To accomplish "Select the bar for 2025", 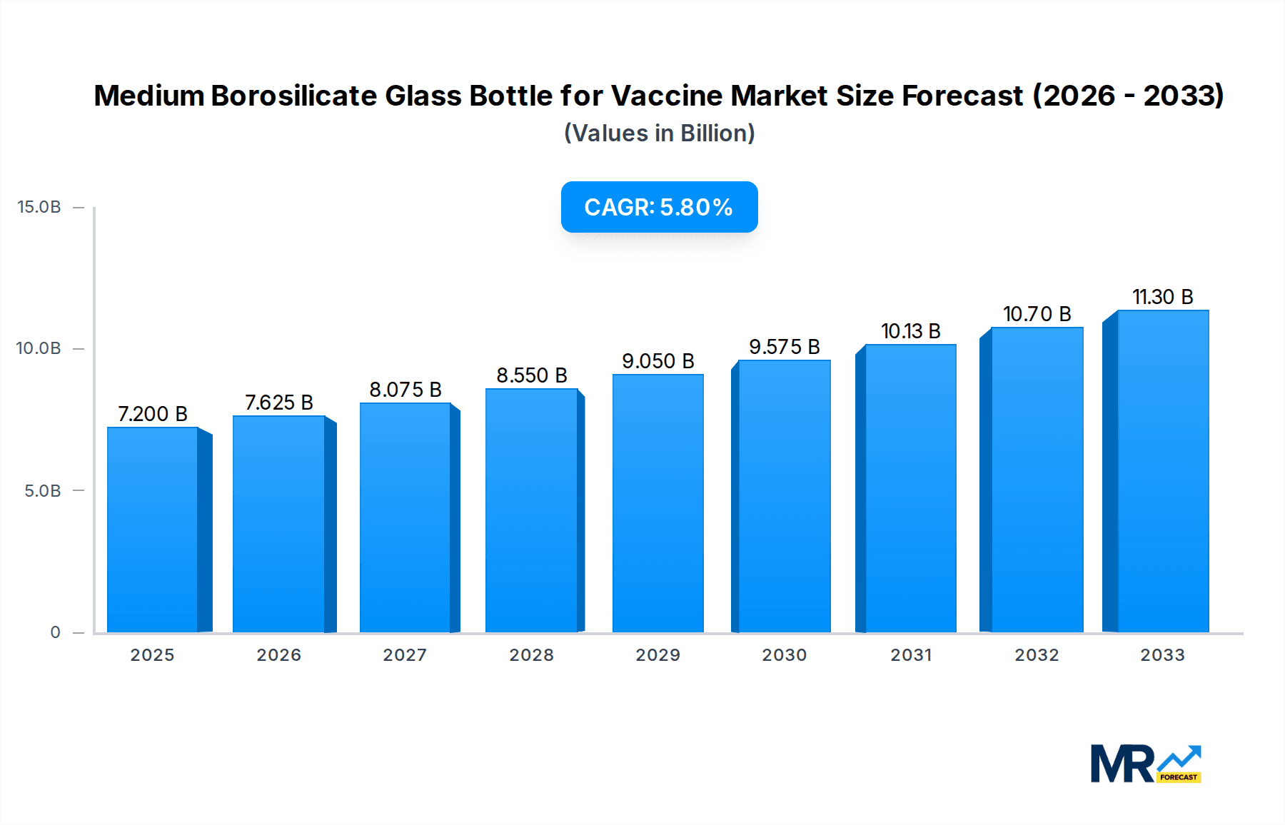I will point(152,530).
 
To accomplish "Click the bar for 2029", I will point(657,503).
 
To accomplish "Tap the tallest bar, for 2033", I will point(1162,471).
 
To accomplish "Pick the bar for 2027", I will point(405,517).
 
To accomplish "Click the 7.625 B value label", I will point(279,403).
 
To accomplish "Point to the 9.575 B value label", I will point(784,347).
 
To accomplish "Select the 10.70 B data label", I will point(1037,314).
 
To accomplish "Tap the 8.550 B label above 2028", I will point(532,375).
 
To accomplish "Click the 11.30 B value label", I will point(1162,297).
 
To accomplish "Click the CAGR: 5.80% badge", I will point(659,207).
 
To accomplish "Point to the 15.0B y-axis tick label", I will point(39,207).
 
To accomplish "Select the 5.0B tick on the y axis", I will point(43,491).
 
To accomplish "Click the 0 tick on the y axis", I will point(55,632).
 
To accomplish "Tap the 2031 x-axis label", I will point(911,655).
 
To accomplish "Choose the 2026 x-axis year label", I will point(279,655).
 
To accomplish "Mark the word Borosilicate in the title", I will point(293,96).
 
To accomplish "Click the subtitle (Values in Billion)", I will point(659,133).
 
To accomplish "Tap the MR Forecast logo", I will point(1145,764).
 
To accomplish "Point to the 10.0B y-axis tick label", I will point(39,348).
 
